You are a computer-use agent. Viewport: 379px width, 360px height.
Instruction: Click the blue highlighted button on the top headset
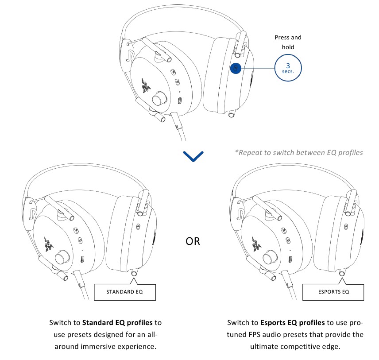tap(236, 69)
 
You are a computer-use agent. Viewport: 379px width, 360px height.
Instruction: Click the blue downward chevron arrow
tap(193, 155)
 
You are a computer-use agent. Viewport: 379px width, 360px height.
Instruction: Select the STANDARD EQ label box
tap(124, 292)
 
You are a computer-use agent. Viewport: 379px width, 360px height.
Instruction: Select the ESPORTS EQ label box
tap(333, 292)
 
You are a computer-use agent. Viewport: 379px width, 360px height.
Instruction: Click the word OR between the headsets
tap(193, 241)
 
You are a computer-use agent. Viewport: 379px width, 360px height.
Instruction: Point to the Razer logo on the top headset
tap(145, 85)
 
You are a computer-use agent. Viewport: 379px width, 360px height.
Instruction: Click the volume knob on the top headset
tap(158, 100)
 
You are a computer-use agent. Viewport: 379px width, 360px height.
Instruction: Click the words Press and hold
tap(287, 42)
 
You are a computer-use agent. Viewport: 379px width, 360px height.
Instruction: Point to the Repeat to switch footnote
tap(299, 152)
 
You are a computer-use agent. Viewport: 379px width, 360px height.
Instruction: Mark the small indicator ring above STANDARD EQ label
tap(135, 274)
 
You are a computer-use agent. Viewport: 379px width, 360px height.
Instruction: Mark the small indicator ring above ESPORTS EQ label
tap(342, 274)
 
